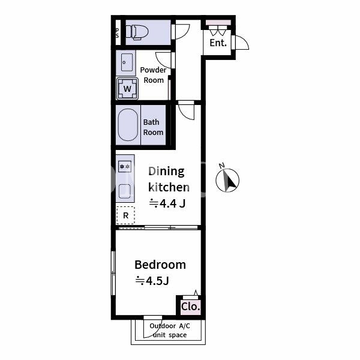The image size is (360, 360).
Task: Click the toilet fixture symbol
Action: [137, 32]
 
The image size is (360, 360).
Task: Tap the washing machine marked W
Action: [127, 89]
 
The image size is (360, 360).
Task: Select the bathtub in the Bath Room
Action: [128, 125]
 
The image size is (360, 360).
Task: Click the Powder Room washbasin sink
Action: [127, 62]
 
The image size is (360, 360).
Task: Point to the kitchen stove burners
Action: [125, 166]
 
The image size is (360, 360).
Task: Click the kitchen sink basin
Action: [125, 191]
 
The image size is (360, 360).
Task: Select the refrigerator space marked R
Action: [125, 215]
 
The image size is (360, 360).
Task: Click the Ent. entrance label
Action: [218, 43]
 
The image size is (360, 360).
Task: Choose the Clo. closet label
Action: [191, 307]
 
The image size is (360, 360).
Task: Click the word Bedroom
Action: [160, 265]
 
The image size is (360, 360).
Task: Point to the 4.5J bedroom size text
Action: [152, 281]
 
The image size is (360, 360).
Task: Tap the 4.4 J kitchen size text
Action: [167, 203]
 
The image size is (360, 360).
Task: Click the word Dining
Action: [166, 172]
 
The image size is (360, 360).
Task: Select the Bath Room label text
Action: [153, 127]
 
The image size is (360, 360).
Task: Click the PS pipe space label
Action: [118, 33]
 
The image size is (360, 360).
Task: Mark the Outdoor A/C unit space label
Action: [170, 331]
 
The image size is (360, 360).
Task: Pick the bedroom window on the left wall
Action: [113, 273]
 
